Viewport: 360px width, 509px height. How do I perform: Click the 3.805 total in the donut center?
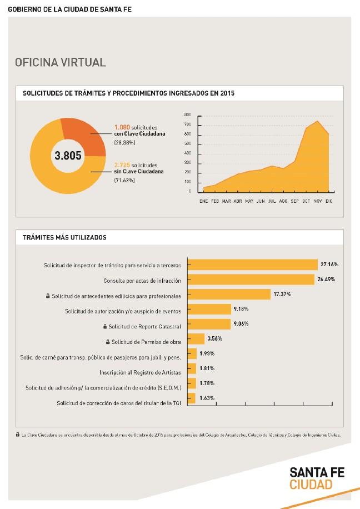[68, 156]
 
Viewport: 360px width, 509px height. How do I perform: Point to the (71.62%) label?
[124, 181]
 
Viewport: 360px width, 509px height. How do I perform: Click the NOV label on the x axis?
[317, 201]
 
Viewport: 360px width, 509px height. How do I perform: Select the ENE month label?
[203, 201]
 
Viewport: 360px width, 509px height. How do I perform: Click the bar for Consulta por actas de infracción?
[251, 279]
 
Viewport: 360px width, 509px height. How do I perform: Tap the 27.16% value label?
[329, 264]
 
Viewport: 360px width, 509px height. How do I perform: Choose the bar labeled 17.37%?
[229, 294]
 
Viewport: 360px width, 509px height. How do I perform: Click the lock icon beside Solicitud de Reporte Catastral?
[104, 326]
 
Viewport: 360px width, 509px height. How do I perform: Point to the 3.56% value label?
[214, 338]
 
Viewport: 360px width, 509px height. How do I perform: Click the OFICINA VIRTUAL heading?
[61, 62]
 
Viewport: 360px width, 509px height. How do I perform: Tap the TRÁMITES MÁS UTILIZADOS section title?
[64, 237]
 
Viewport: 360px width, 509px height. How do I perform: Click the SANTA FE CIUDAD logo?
[317, 478]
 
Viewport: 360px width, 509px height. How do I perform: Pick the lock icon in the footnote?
[18, 435]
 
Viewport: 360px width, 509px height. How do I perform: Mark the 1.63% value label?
[207, 398]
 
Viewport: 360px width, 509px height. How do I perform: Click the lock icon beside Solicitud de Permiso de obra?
[108, 341]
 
